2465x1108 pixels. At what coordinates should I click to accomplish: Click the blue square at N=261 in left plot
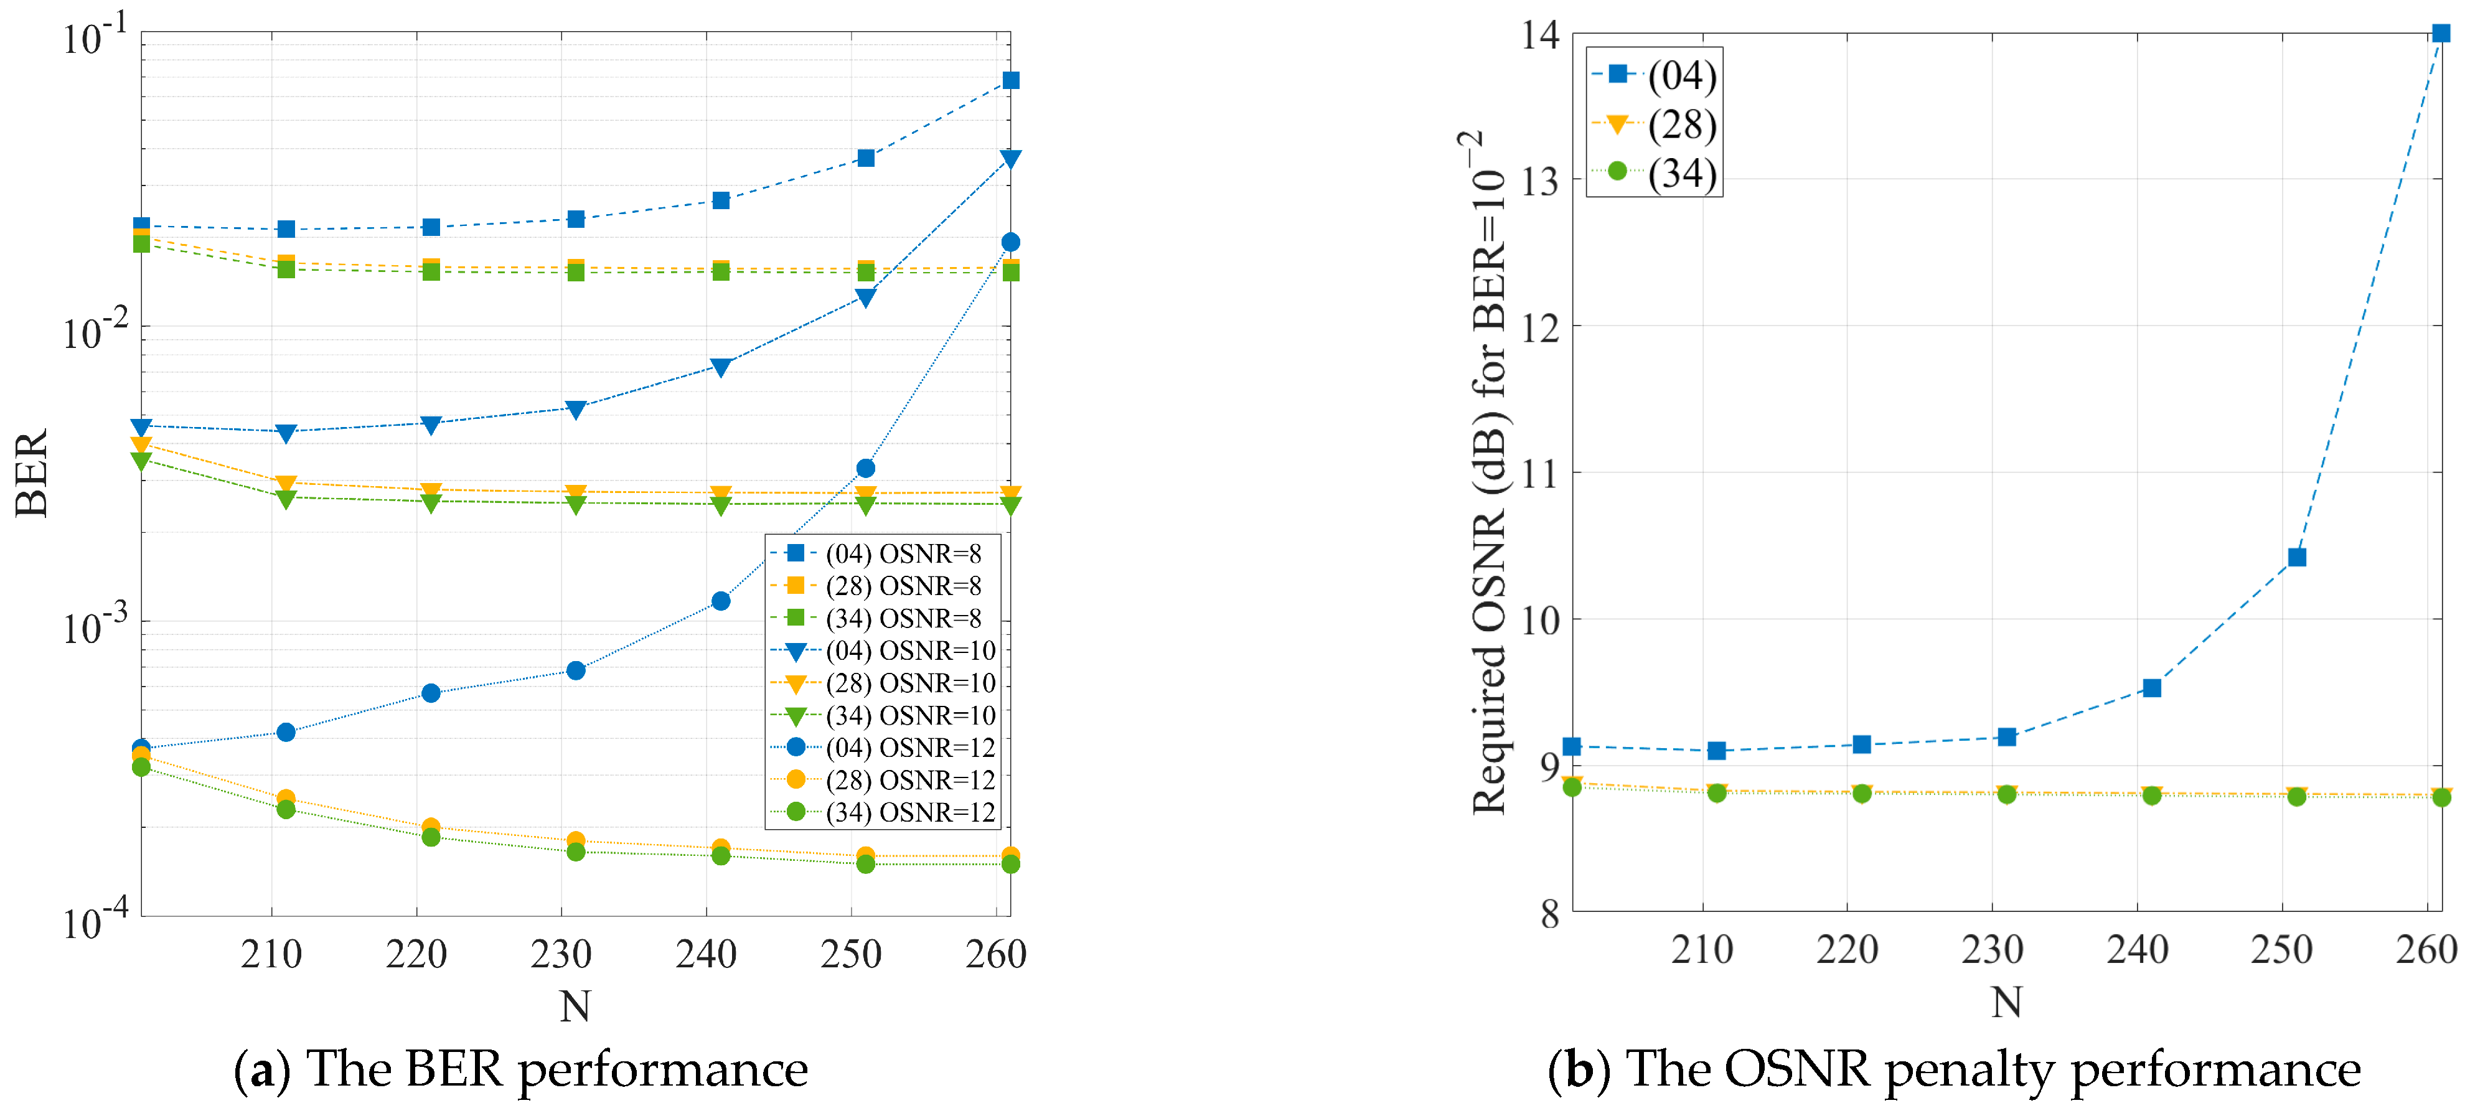click(1010, 80)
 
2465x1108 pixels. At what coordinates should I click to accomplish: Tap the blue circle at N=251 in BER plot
click(865, 468)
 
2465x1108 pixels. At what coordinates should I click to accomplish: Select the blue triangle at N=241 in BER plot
click(721, 367)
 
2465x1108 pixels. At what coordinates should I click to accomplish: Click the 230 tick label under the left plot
click(561, 954)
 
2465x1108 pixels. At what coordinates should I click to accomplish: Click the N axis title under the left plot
click(575, 1006)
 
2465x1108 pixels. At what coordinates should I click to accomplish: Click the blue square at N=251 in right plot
click(2296, 557)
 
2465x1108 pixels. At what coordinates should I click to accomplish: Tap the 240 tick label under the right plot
click(2137, 950)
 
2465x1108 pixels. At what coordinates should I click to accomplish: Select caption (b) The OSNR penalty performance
click(1954, 1069)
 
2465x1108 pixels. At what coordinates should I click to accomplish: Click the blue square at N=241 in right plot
click(2151, 688)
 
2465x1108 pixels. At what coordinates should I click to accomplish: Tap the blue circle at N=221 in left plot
click(431, 693)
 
